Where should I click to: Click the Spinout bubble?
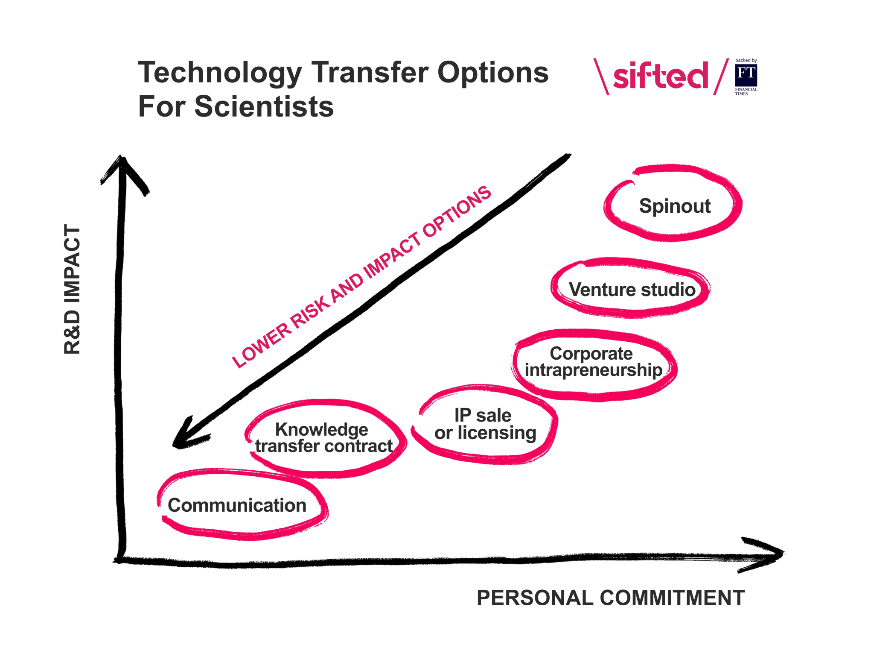tap(674, 205)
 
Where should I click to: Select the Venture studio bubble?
tap(631, 289)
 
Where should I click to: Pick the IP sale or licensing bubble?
tap(485, 424)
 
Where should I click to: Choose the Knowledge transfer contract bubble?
tap(323, 438)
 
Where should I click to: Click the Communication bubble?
tap(237, 505)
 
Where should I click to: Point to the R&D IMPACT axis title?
tap(72, 289)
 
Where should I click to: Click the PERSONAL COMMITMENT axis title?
tap(610, 597)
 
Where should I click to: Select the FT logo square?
tap(746, 76)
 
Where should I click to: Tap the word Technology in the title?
tap(220, 73)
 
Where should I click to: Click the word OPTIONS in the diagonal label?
tap(457, 211)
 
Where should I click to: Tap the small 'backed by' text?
tap(746, 60)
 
